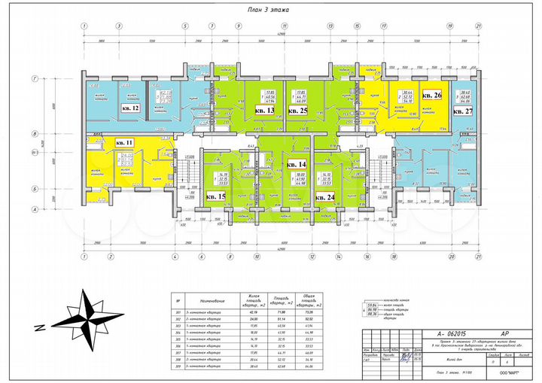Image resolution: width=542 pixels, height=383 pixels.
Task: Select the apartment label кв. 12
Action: [129, 108]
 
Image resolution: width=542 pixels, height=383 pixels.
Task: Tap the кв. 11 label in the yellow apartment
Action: [124, 142]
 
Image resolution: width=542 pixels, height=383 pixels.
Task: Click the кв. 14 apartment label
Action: [297, 164]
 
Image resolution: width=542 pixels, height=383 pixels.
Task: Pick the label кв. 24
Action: [325, 197]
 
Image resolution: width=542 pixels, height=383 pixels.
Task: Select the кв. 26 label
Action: [431, 96]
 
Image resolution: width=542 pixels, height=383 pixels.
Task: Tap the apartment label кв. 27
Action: [463, 111]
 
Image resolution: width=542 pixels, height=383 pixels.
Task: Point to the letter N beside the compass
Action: [37, 327]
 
